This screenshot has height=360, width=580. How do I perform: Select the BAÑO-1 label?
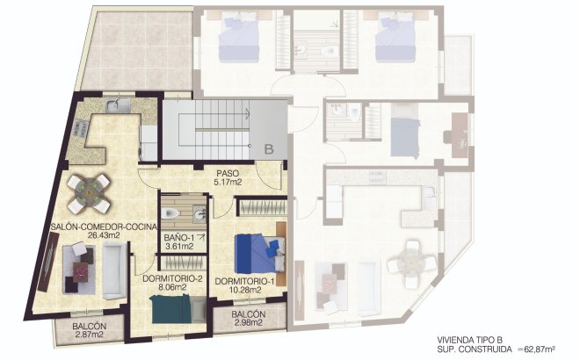coord(179,237)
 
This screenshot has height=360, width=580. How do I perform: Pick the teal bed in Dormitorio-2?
coord(171,309)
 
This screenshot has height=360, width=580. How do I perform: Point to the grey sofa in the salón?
coord(112,270)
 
